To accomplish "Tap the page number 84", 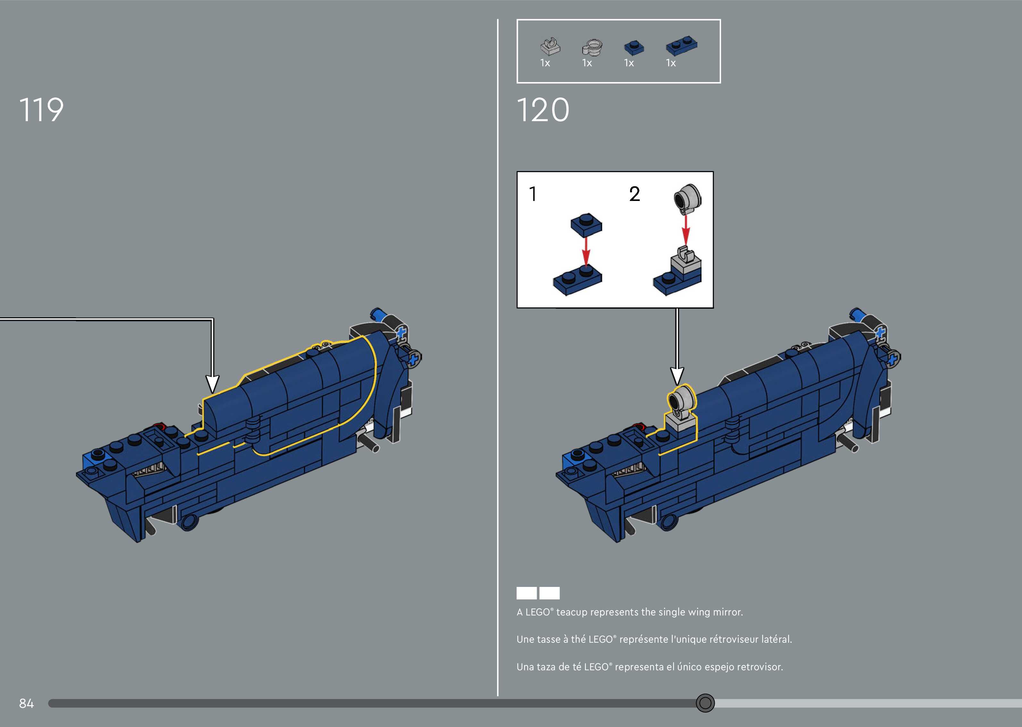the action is (x=26, y=703).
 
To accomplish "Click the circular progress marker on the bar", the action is (x=705, y=703).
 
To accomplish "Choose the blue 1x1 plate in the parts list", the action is (x=634, y=46).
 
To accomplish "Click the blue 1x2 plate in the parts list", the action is (x=681, y=45).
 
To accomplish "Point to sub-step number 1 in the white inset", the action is (x=533, y=194).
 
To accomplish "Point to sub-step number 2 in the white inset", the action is (x=635, y=194).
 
